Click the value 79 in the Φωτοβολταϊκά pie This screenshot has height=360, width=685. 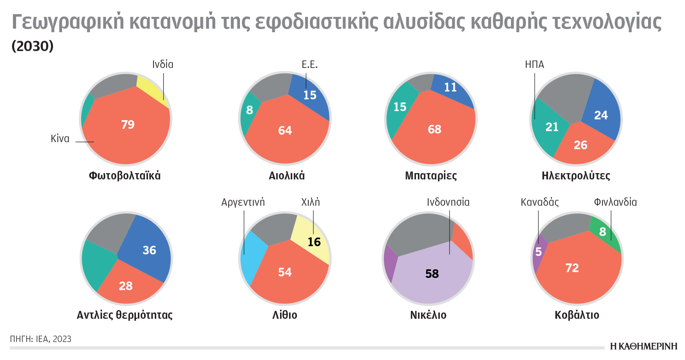[128, 124]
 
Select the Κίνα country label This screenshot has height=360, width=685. [60, 139]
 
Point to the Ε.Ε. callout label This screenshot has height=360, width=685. [310, 64]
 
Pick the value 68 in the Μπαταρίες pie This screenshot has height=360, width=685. [434, 129]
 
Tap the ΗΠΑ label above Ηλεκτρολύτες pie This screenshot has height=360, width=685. [534, 64]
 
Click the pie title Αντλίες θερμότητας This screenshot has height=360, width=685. [125, 315]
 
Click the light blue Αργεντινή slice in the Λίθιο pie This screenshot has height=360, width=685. [251, 255]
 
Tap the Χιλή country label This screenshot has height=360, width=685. [310, 202]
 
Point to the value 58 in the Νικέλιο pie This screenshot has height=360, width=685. [432, 274]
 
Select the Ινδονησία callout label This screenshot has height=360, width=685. [448, 202]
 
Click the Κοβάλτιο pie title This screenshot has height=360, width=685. [577, 315]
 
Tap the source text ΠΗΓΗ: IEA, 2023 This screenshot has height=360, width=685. [40, 339]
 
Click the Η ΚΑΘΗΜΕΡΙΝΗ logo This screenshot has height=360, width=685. [643, 346]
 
